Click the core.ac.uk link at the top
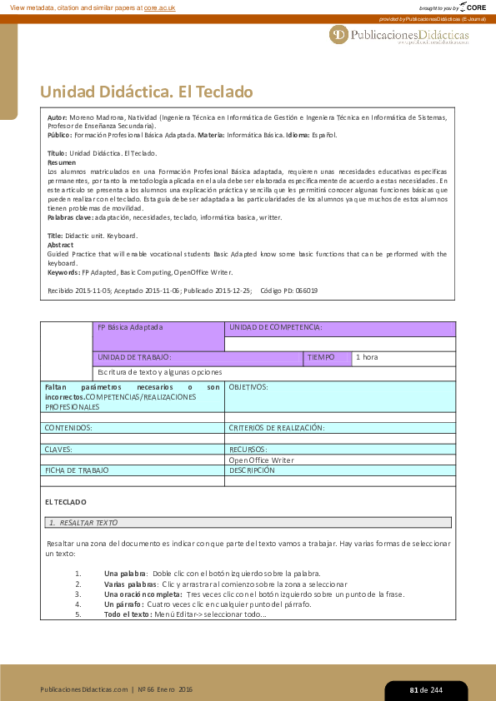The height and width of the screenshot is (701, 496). (160, 7)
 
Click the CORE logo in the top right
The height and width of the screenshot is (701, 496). (472, 7)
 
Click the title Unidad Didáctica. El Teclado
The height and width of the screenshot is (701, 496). (146, 92)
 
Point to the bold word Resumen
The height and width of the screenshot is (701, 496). (62, 162)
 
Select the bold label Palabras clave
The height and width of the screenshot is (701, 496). (70, 217)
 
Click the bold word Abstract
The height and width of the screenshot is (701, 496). (61, 245)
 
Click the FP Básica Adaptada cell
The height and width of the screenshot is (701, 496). (130, 328)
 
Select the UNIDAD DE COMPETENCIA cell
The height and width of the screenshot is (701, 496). (275, 328)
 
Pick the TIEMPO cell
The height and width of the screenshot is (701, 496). (321, 357)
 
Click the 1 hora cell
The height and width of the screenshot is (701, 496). (367, 357)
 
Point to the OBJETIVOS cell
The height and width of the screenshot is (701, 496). (248, 387)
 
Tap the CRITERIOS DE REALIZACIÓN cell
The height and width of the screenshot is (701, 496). (276, 427)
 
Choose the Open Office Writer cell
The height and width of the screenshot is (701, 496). (261, 460)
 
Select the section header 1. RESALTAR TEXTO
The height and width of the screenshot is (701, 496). (83, 522)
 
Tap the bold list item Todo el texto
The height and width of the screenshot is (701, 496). (128, 614)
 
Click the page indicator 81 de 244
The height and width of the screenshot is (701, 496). (425, 690)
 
